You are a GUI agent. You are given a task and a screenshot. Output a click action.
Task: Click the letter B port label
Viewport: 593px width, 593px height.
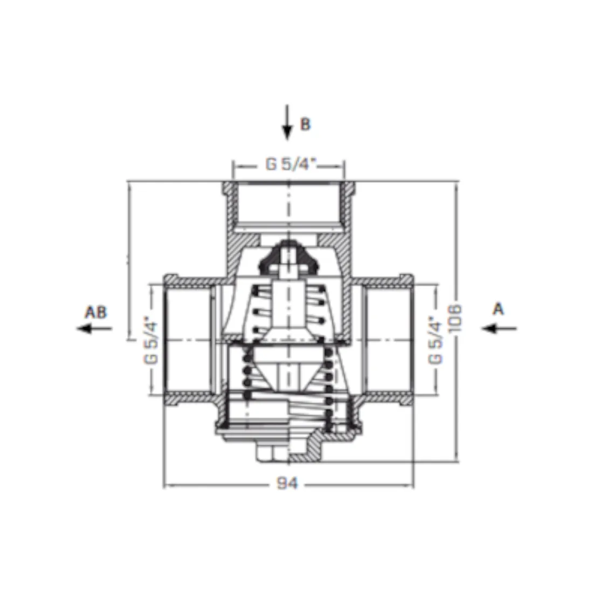tap(305, 124)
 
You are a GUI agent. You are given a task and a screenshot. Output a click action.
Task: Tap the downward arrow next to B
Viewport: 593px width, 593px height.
tap(287, 122)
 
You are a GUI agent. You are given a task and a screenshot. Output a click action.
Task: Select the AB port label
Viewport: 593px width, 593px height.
tap(95, 312)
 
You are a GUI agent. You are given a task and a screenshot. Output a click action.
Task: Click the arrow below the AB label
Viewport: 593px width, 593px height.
tap(94, 328)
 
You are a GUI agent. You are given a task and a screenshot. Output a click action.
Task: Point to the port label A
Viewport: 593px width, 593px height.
tap(499, 309)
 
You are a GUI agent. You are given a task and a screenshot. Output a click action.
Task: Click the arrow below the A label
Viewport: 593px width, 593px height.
tap(499, 328)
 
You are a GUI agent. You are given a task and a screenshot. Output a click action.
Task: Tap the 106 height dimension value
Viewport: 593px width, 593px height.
tap(455, 318)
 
